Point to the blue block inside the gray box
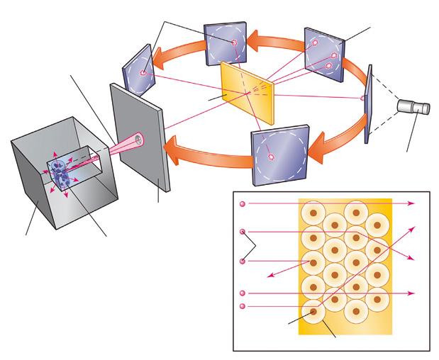click(x=58, y=173)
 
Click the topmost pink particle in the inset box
click(x=243, y=204)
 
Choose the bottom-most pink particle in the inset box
click(x=243, y=306)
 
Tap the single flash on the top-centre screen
click(x=233, y=44)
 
